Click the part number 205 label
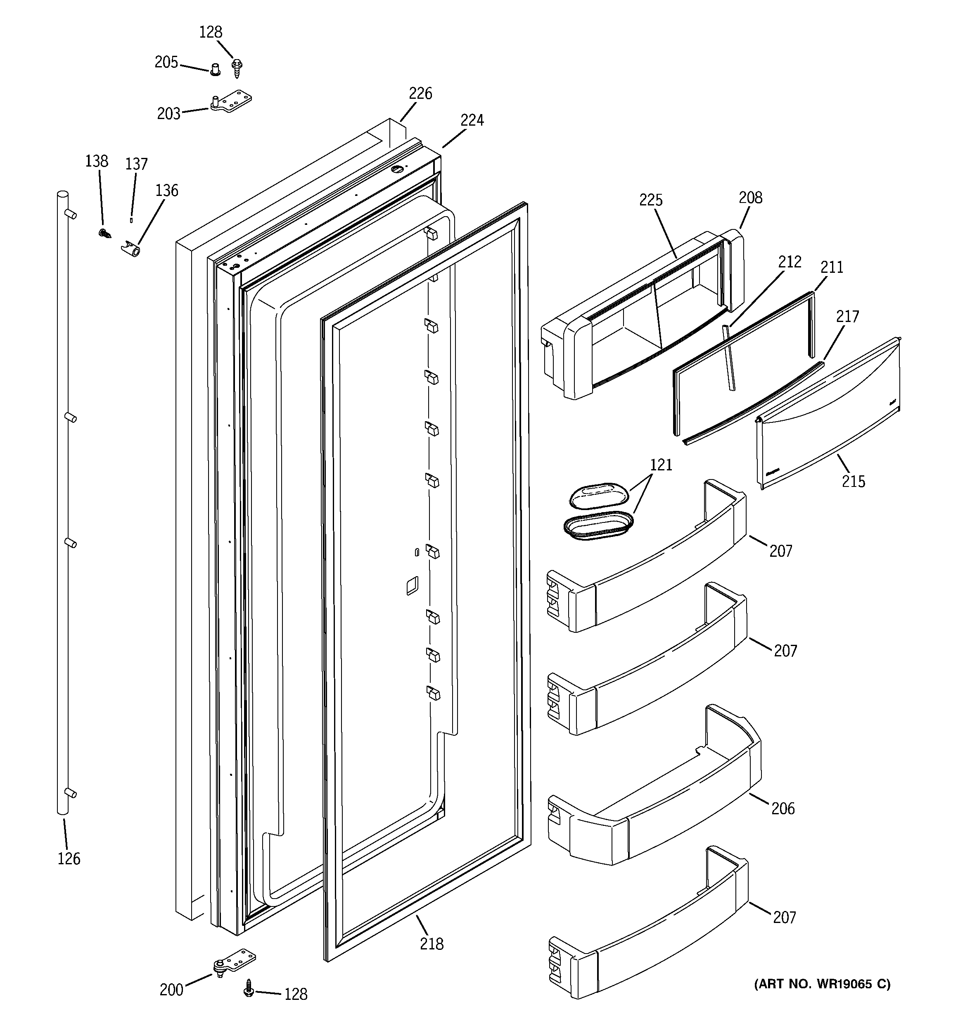point(166,62)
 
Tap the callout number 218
point(431,944)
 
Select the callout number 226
point(420,94)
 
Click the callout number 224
point(472,120)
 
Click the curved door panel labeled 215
point(828,417)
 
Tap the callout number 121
point(661,465)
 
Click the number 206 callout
point(783,809)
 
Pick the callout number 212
point(790,262)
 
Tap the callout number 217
point(847,317)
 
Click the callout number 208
point(750,198)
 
